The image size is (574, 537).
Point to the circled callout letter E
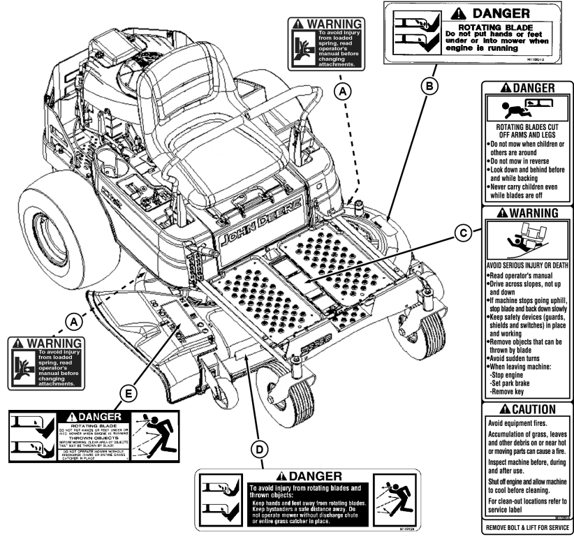pos(128,395)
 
